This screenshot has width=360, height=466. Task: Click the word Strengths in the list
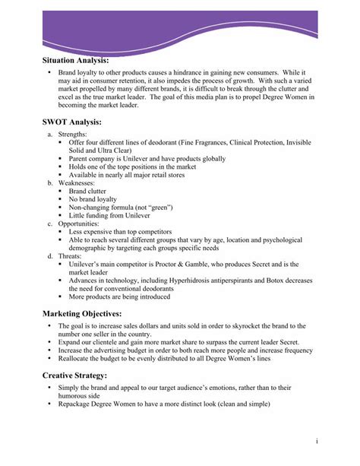pos(75,134)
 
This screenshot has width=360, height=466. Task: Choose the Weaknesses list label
pos(79,183)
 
